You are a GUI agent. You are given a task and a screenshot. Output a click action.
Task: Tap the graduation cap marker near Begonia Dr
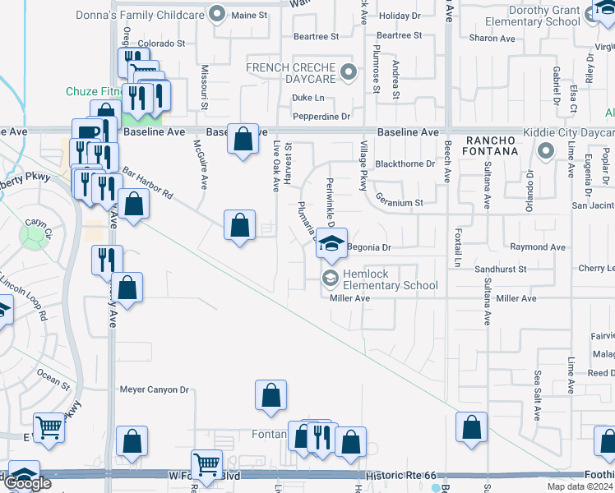pos(331,242)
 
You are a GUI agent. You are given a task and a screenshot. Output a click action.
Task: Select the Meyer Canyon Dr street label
pos(155,389)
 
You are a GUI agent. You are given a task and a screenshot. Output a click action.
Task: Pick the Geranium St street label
pos(399,201)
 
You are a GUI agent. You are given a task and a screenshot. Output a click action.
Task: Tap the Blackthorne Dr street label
pos(405,164)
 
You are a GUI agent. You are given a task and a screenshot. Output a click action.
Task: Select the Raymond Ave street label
pos(538,247)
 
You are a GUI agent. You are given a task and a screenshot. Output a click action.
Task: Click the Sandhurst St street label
pos(500,269)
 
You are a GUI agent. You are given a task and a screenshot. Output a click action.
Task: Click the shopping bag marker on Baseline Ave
pos(243,139)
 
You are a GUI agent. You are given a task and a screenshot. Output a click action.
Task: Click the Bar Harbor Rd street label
pos(148,184)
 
